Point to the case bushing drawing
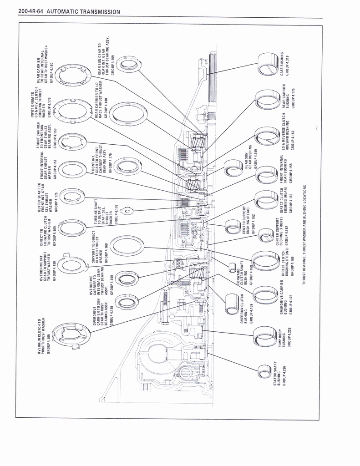click(268, 64)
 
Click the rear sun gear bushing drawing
click(234, 168)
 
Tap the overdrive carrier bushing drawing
click(266, 295)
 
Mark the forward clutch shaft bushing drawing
click(233, 268)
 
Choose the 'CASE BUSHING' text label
click(283, 63)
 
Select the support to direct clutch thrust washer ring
click(127, 246)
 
